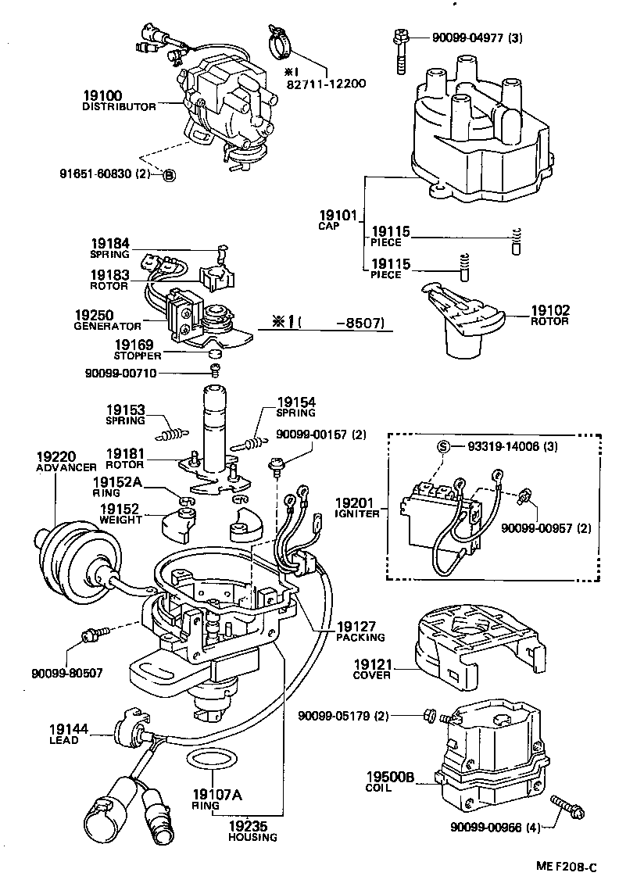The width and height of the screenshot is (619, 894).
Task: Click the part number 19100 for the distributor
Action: pyautogui.click(x=101, y=95)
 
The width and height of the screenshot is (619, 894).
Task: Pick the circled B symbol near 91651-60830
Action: pyautogui.click(x=170, y=175)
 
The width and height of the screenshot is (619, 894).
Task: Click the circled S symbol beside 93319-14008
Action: pyautogui.click(x=443, y=447)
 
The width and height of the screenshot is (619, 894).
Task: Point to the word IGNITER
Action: pyautogui.click(x=358, y=513)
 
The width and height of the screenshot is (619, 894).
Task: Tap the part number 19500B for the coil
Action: pyautogui.click(x=389, y=777)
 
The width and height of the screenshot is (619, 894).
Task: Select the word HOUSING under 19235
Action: pyautogui.click(x=252, y=837)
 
